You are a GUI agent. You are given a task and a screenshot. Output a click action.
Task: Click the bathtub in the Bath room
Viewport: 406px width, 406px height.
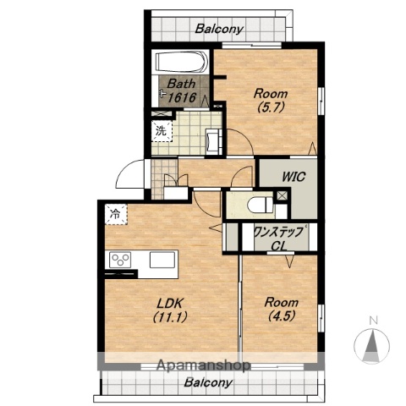click(x=182, y=63)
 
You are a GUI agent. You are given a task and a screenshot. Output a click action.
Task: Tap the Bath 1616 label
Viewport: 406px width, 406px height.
click(x=181, y=91)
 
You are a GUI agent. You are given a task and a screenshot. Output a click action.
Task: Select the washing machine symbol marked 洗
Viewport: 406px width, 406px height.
click(x=162, y=131)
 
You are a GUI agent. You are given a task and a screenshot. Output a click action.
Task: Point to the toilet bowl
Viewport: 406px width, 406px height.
click(x=260, y=205)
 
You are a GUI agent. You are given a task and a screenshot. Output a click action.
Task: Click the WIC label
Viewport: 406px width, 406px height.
click(x=294, y=177)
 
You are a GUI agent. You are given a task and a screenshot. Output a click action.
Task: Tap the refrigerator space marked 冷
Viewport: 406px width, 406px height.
click(x=116, y=214)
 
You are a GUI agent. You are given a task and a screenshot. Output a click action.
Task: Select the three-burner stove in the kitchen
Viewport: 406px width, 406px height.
click(x=120, y=260)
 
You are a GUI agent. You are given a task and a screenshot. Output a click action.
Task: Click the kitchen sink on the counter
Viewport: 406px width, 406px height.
click(x=162, y=260)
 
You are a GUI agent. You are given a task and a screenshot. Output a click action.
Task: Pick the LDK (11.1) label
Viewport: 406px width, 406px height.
click(x=170, y=310)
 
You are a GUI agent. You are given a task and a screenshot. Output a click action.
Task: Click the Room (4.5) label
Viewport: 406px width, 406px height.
click(x=282, y=309)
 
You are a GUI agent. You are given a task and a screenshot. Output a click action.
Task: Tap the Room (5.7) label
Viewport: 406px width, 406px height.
click(x=271, y=101)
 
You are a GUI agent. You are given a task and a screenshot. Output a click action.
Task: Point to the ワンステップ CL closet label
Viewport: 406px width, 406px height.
click(x=279, y=238)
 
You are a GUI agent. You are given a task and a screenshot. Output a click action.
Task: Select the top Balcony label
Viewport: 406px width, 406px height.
click(x=219, y=29)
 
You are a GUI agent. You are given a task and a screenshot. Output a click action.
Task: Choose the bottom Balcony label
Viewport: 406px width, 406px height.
click(x=208, y=382)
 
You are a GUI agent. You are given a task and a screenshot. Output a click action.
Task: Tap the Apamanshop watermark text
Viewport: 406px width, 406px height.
click(x=203, y=365)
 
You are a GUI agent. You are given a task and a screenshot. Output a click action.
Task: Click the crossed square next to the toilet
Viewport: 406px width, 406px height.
click(x=283, y=196)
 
